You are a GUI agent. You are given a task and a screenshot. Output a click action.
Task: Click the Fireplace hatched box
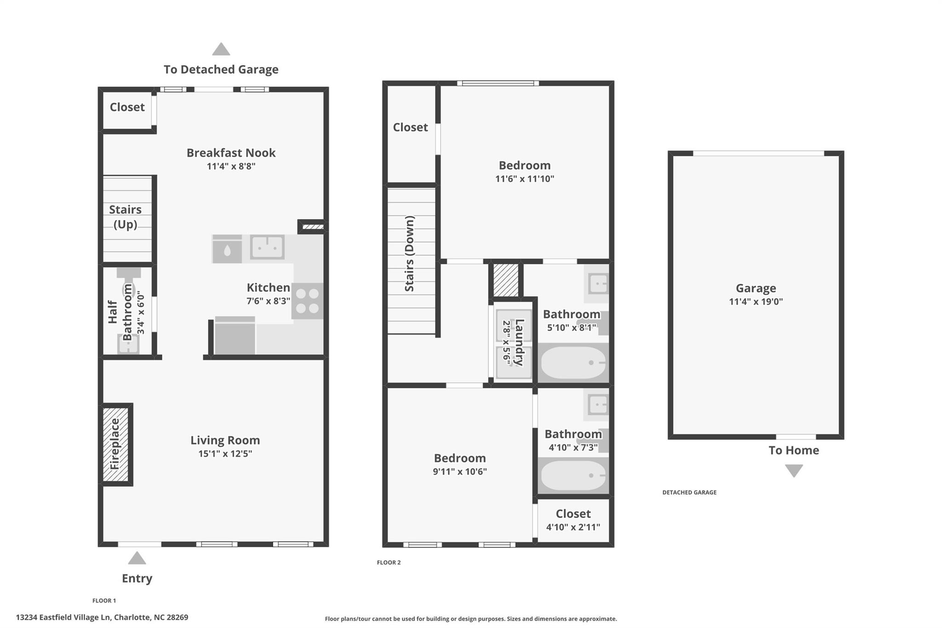point(115,444)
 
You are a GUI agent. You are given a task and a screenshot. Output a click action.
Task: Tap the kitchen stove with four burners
point(307,301)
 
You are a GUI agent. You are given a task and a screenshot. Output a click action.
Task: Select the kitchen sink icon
point(267,248)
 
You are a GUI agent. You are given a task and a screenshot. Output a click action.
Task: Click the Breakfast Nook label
point(231,153)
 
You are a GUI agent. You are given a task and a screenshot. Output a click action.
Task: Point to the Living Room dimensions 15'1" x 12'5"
point(225,454)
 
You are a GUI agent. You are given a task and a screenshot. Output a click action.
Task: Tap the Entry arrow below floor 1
point(137,559)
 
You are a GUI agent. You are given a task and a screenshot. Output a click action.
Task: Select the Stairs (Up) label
point(125,217)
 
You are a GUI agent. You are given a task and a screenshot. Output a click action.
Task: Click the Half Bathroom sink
point(128,344)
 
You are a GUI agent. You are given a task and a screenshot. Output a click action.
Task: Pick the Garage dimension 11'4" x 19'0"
point(756,302)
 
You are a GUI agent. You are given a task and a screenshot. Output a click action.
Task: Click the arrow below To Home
point(794,471)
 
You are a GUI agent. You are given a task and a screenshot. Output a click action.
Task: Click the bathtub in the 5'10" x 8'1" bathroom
point(573,363)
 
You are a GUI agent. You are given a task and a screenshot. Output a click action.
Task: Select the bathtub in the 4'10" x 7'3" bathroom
point(573,475)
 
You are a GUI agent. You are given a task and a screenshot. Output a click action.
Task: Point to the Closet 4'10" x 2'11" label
point(573,514)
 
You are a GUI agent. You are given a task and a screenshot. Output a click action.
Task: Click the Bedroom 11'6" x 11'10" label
point(524,166)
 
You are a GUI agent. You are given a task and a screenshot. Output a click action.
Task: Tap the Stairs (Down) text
point(409,254)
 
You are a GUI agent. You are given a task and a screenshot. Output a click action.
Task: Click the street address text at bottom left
point(102,617)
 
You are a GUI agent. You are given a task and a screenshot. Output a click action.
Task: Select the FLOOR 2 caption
point(389,562)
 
